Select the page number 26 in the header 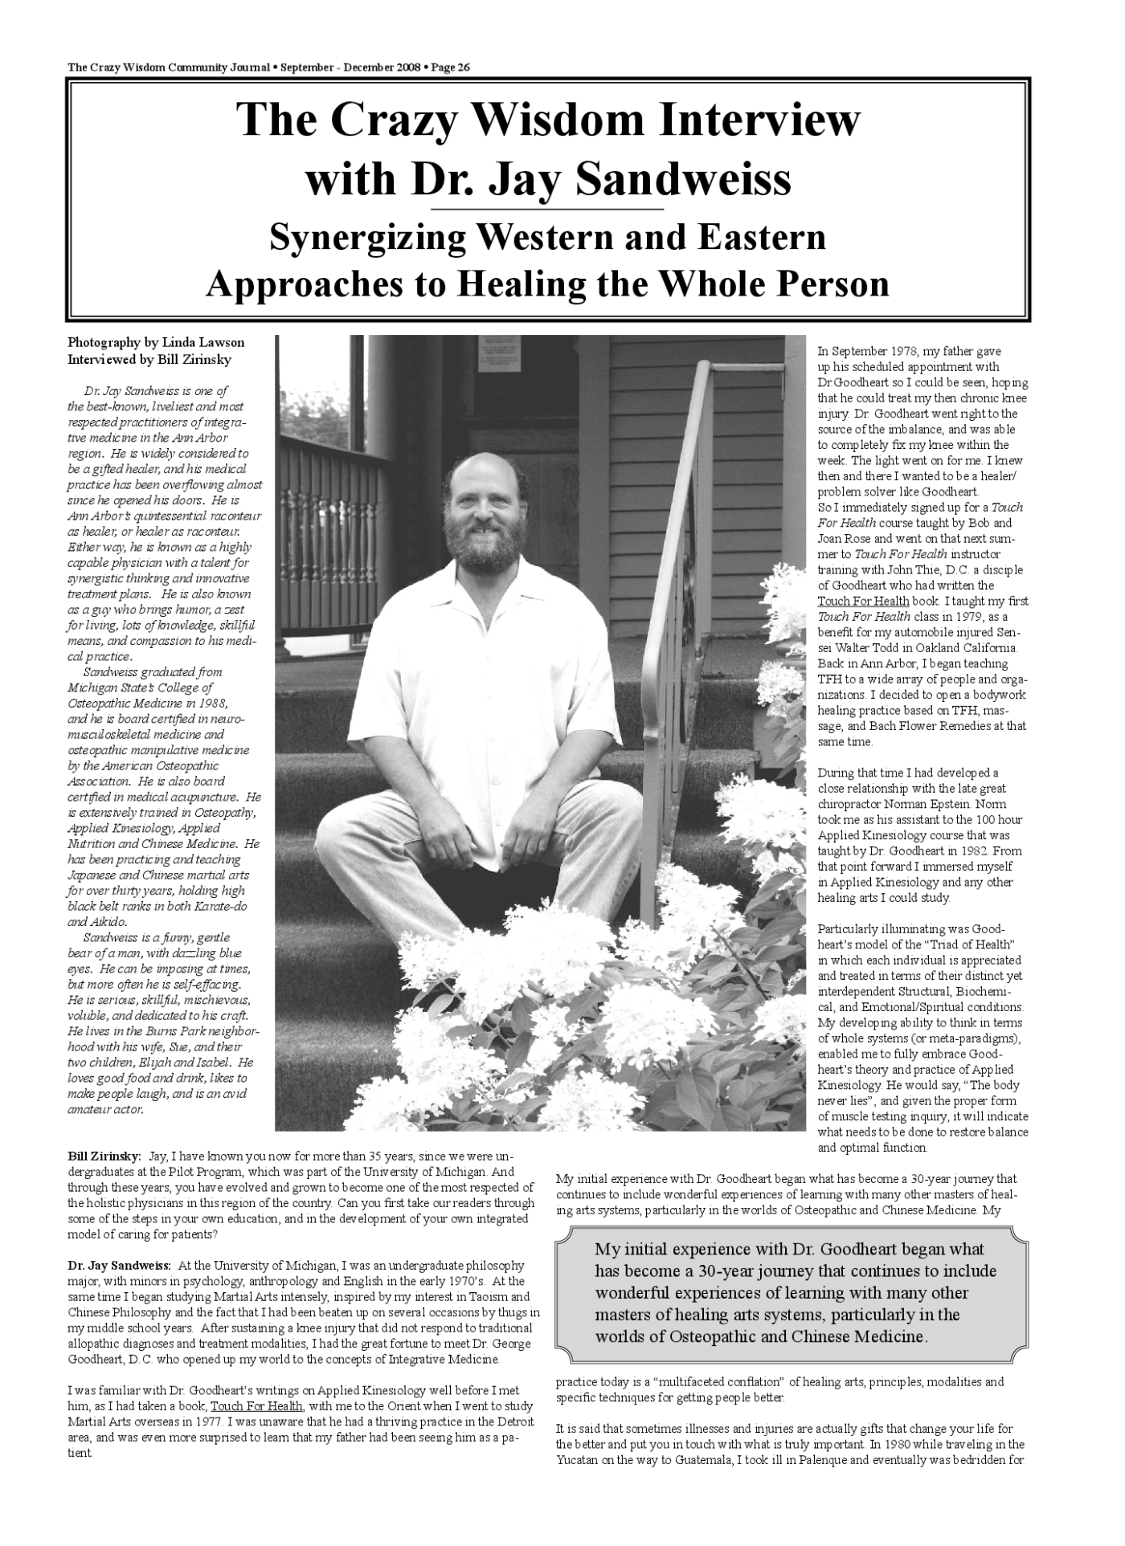(462, 67)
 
